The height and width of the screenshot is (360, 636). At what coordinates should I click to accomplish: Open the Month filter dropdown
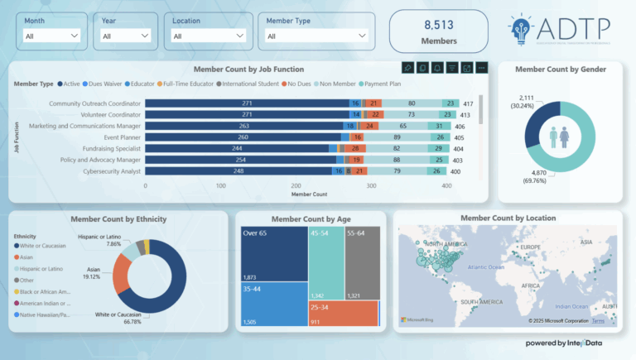pos(51,36)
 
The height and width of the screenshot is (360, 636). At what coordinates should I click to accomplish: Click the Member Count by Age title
pos(310,218)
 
